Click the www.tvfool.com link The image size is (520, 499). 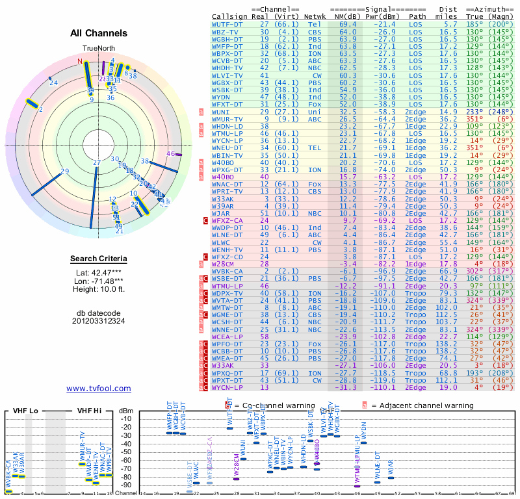coord(99,389)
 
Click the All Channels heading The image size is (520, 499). coord(99,33)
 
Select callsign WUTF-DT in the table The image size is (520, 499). coord(227,24)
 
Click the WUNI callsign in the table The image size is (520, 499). coord(220,112)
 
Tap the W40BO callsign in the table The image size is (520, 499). coord(222,177)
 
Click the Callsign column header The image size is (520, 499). coord(229,16)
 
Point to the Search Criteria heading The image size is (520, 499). coord(99,259)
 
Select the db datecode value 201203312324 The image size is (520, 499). coord(99,320)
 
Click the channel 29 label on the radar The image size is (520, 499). coord(64,172)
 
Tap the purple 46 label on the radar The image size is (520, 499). coord(172,153)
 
